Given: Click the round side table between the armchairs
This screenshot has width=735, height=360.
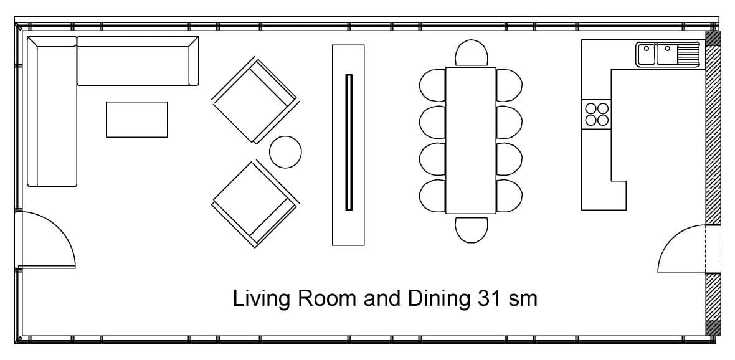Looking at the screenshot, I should [285, 151].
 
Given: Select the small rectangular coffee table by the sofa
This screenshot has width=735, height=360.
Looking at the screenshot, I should [136, 119].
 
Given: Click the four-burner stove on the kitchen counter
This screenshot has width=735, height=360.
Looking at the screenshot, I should [596, 114].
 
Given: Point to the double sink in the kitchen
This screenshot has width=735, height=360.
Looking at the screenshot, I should [657, 54].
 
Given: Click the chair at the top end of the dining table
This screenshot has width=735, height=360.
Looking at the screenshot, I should [471, 54].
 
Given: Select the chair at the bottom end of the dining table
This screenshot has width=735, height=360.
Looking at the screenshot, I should [471, 229].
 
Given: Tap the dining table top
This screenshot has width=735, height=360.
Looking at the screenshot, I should [471, 140].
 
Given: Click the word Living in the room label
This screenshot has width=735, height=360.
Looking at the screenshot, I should [253, 299].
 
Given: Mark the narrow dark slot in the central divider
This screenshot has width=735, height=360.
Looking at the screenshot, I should [349, 142].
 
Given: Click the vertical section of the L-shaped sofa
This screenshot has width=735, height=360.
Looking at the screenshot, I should [52, 112].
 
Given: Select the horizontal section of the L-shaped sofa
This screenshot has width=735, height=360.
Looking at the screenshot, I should [137, 60].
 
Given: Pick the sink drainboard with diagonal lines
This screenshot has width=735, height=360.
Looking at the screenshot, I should [690, 54].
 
